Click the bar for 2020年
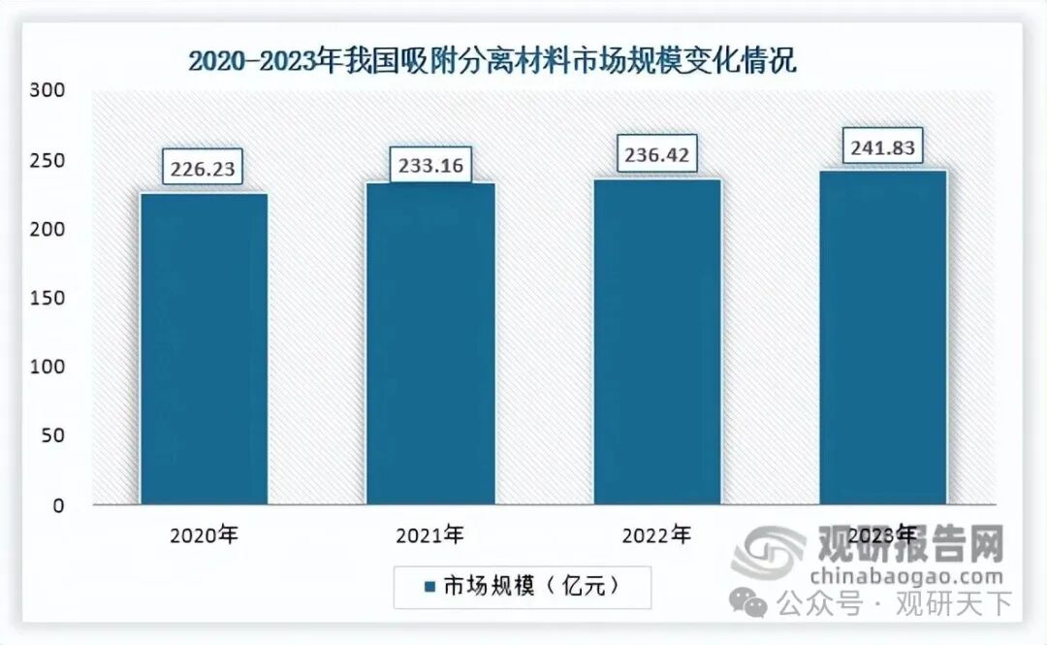(x=205, y=349)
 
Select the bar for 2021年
(x=430, y=344)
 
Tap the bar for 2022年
(x=657, y=341)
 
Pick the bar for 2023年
(x=883, y=338)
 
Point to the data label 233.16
(x=430, y=165)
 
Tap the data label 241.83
(x=883, y=145)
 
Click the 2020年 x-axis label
(x=205, y=535)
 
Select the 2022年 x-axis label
(x=657, y=535)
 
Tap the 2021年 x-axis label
(x=430, y=535)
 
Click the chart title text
(x=492, y=62)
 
